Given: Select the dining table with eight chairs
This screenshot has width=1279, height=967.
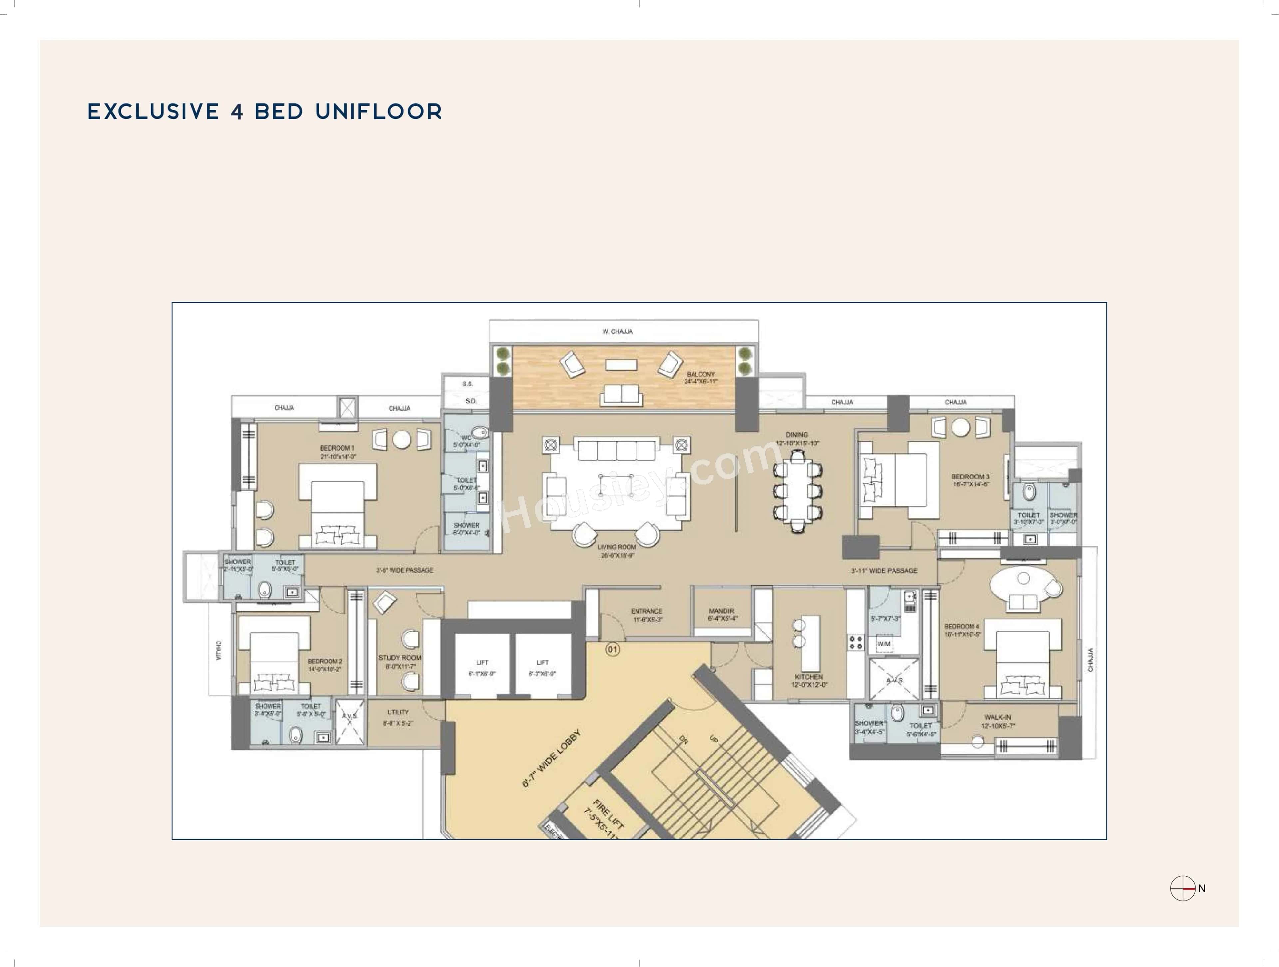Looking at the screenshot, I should [797, 491].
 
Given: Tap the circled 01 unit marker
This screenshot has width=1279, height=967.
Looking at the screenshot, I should [612, 649].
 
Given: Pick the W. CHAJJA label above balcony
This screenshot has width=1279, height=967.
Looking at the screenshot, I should [618, 332].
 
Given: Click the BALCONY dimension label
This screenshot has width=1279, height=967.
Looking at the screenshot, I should [701, 378].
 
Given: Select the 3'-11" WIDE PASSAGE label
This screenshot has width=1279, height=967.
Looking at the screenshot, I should [884, 571].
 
